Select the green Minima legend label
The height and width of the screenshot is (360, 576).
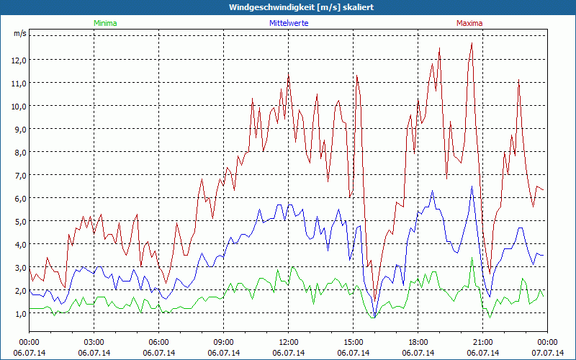click(x=104, y=23)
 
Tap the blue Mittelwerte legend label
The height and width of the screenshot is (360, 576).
click(x=288, y=23)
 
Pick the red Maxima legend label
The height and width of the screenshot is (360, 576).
click(x=469, y=23)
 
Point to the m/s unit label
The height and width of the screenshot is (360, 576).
click(x=19, y=34)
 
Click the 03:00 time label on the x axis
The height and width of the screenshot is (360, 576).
click(x=94, y=341)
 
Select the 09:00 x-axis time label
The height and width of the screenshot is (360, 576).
click(x=223, y=341)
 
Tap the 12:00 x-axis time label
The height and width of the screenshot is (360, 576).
click(x=288, y=341)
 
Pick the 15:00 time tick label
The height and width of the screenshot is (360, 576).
click(x=353, y=341)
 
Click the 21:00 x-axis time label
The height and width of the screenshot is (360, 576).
click(x=482, y=341)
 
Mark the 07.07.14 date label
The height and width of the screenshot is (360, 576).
click(x=547, y=354)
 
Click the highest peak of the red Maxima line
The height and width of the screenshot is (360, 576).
click(x=472, y=43)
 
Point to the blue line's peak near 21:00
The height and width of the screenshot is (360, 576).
click(x=472, y=186)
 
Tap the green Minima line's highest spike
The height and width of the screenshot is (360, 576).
click(x=472, y=258)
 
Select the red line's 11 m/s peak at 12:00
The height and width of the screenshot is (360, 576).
click(x=289, y=73)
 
